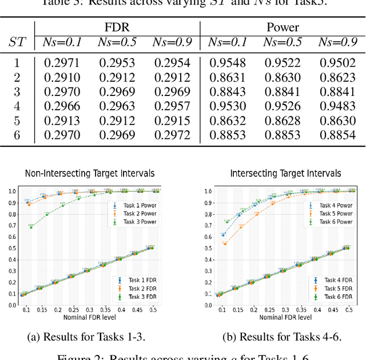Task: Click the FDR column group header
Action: pyautogui.click(x=117, y=27)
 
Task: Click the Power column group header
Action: pyautogui.click(x=283, y=27)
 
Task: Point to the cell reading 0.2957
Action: pyautogui.click(x=172, y=106)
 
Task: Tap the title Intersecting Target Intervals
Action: pyautogui.click(x=285, y=173)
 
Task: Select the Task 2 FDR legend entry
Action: pyautogui.click(x=138, y=289)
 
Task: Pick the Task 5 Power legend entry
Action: pyautogui.click(x=336, y=213)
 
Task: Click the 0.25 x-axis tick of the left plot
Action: pyautogui.click(x=71, y=309)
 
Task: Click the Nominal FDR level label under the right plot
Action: pyautogui.click(x=285, y=317)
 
